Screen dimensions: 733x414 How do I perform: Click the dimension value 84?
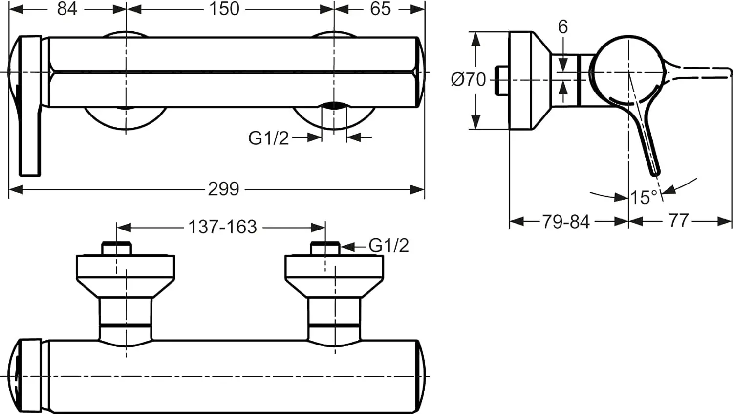[x=67, y=9]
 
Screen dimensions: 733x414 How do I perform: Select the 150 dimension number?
[x=224, y=9]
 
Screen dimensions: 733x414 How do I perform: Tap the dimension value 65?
[x=380, y=9]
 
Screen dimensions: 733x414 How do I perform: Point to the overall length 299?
[x=224, y=189]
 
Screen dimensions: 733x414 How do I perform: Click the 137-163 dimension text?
[x=222, y=227]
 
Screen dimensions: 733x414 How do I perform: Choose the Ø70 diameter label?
[x=468, y=79]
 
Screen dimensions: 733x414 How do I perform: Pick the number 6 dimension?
[x=562, y=26]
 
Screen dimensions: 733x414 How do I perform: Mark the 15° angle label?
[x=644, y=197]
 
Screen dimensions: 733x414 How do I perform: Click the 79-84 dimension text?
[x=566, y=222]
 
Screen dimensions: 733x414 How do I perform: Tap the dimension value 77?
[x=679, y=221]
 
